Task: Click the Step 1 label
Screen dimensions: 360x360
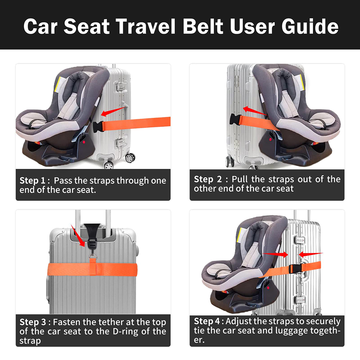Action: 32,181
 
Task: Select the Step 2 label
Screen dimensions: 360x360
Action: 208,179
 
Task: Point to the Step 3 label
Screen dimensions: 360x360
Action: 33,322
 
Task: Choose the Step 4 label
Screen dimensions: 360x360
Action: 207,321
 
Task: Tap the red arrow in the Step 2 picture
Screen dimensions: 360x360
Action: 255,111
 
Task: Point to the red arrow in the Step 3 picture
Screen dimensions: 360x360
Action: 78,236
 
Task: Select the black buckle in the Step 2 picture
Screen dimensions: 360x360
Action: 235,119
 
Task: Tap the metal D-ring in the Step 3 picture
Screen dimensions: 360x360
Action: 93,256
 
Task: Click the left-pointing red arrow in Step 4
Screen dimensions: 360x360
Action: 311,254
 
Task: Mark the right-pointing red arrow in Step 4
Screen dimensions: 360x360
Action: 275,254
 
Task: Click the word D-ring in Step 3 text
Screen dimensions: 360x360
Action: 126,332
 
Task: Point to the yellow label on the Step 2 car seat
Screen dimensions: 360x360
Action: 302,82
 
